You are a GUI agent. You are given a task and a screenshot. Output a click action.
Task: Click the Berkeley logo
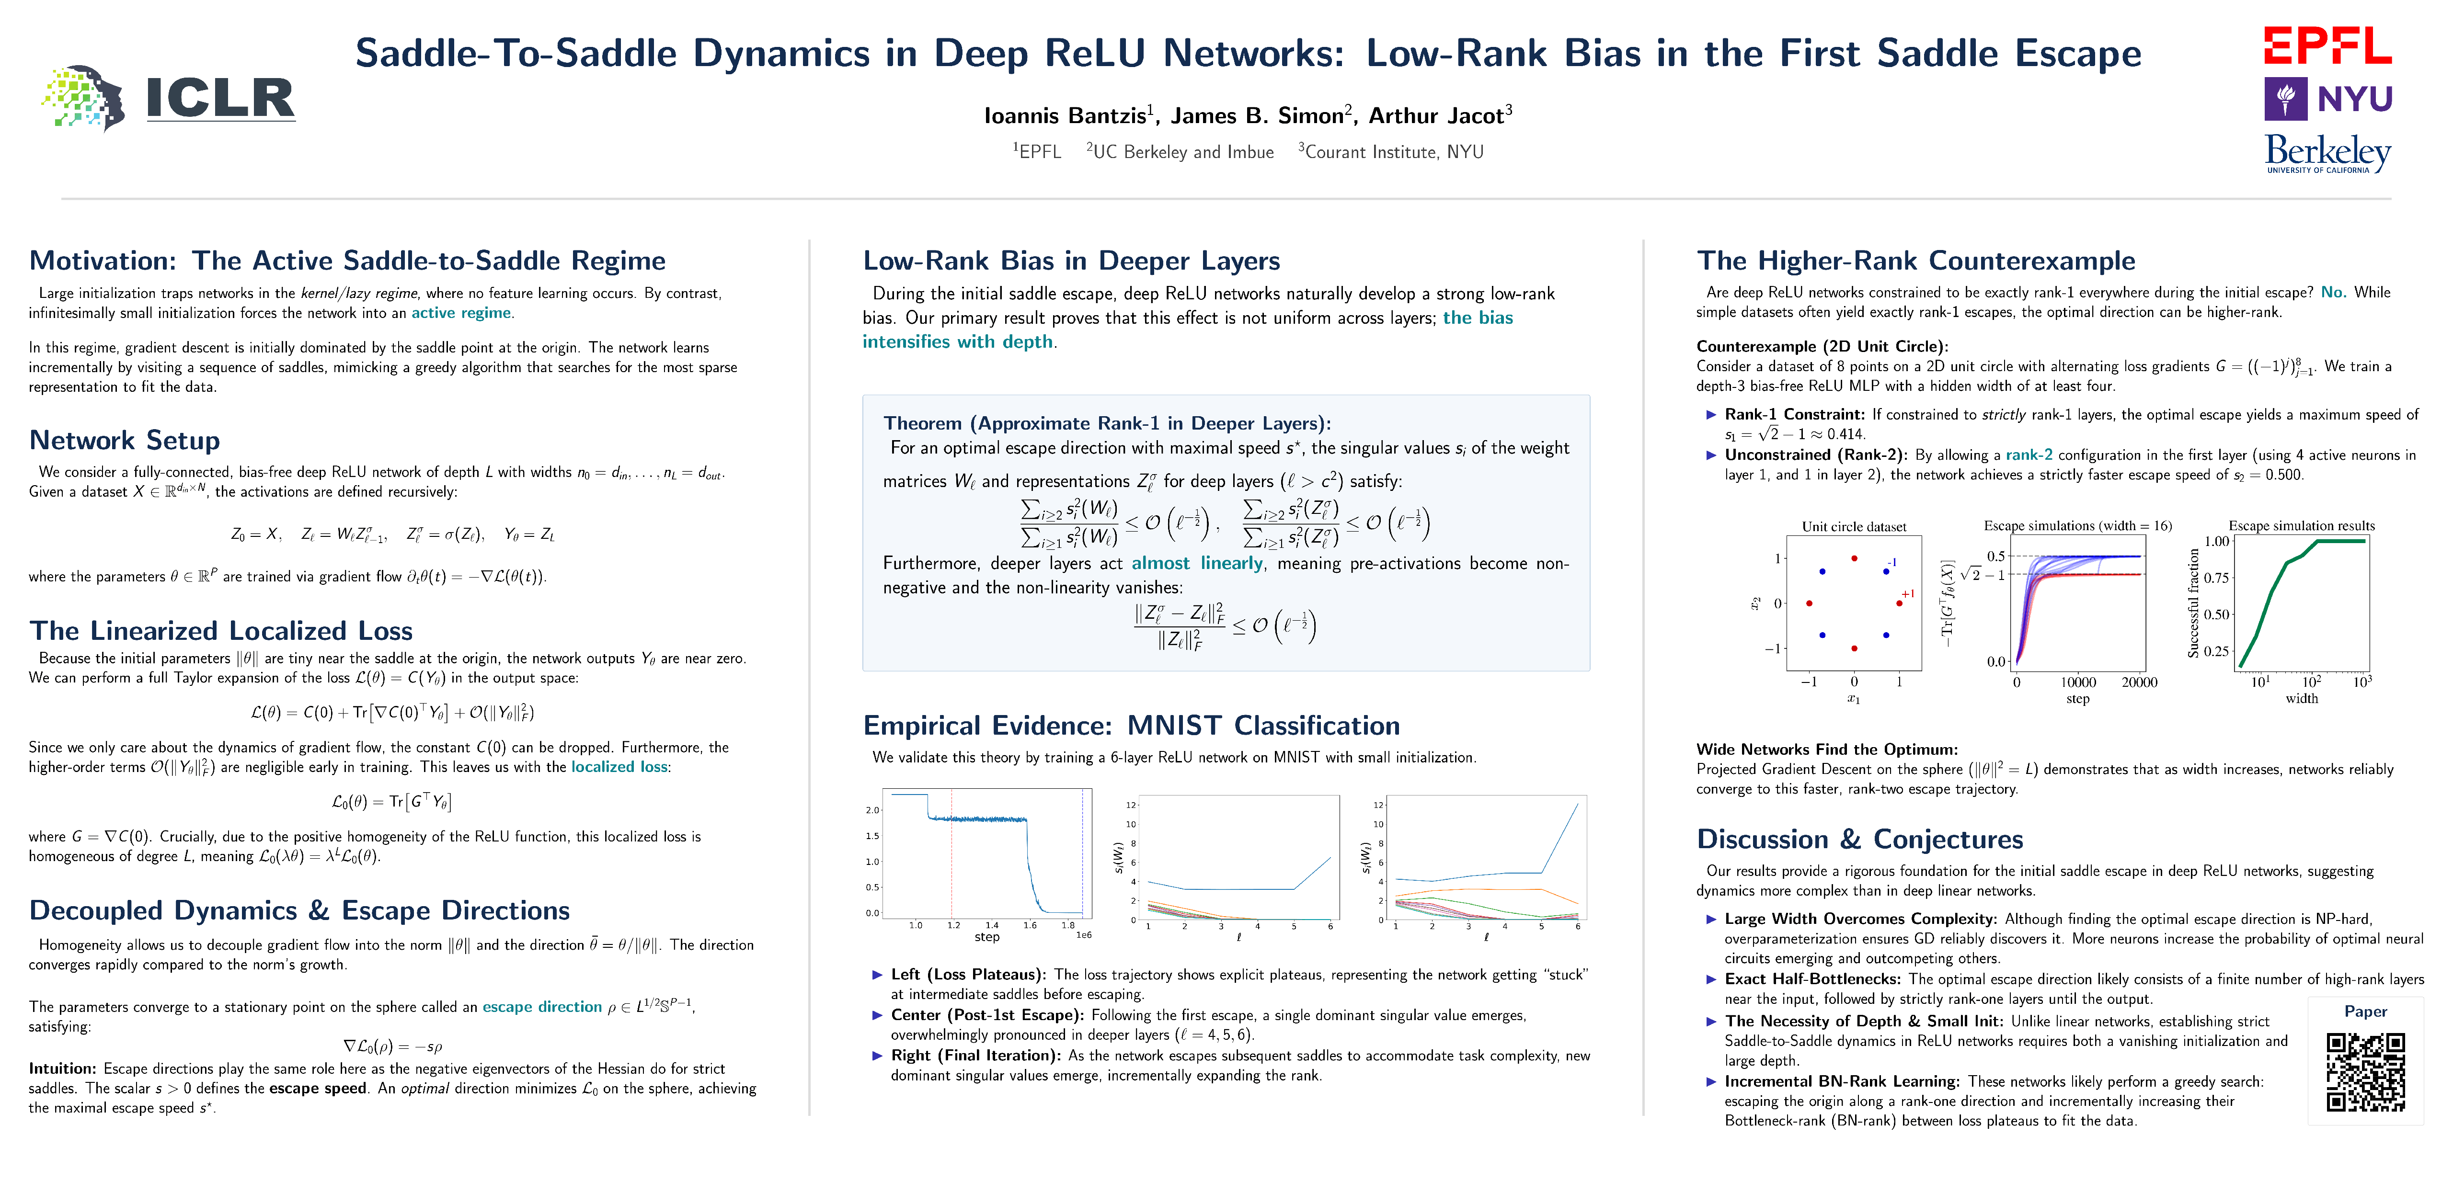click(2327, 152)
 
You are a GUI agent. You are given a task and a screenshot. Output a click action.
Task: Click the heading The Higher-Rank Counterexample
click(1916, 261)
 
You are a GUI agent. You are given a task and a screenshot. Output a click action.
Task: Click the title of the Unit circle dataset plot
click(1854, 526)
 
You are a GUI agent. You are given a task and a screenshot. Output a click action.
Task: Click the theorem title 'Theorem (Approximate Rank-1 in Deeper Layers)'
click(1107, 424)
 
